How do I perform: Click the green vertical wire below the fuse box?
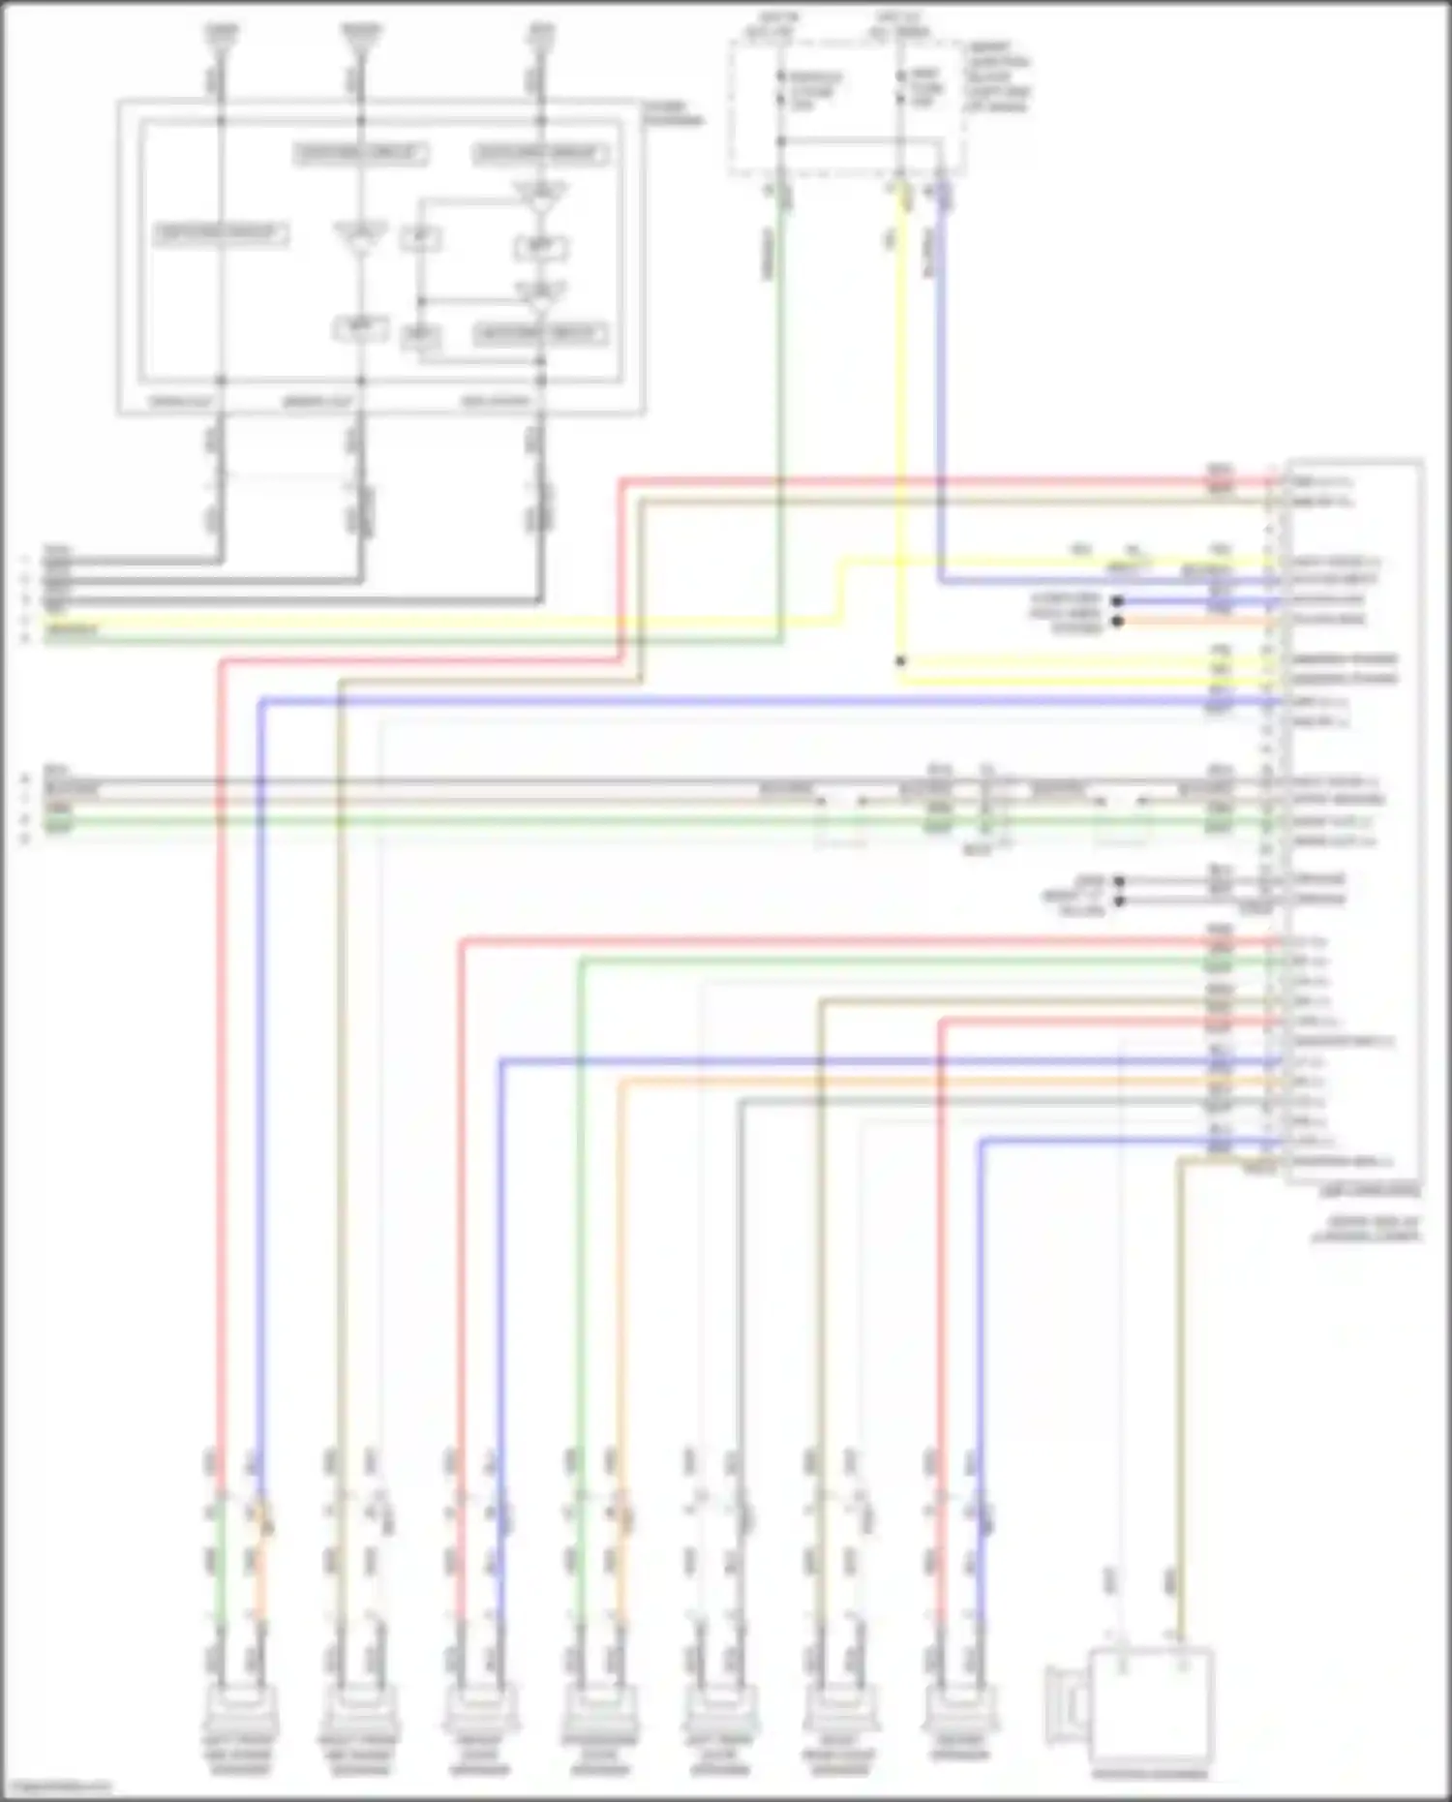click(780, 387)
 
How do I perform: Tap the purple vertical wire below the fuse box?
click(940, 387)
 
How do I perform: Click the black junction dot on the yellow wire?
click(900, 661)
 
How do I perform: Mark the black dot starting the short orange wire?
click(1118, 620)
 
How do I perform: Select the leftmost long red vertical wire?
click(221, 1065)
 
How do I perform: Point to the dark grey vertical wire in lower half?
click(740, 1259)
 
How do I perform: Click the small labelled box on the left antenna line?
click(221, 233)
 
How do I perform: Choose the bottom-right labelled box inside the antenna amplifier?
click(539, 334)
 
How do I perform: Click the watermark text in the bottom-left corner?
click(53, 1787)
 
